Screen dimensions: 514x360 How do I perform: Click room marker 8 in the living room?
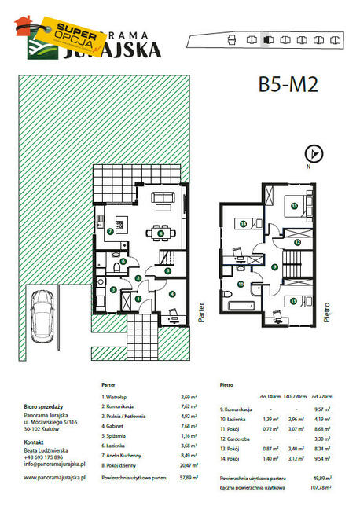(x=160, y=232)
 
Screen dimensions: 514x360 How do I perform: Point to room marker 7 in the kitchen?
(x=110, y=233)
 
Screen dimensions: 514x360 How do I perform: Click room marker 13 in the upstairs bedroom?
(x=294, y=206)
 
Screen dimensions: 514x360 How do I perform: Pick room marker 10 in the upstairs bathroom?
(x=241, y=285)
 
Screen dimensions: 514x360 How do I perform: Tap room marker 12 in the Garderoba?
(x=298, y=244)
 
